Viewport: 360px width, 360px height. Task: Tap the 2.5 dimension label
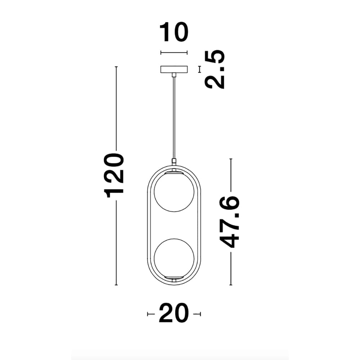point(215,69)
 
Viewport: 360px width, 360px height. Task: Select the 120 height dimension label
point(114,175)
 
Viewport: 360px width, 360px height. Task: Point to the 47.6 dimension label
point(230,222)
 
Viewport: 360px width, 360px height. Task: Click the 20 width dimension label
point(174,314)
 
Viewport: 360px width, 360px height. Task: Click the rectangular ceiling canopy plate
point(174,69)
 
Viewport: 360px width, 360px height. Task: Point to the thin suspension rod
point(174,119)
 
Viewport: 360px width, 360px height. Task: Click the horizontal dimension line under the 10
point(174,53)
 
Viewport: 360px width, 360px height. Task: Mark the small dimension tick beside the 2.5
point(199,69)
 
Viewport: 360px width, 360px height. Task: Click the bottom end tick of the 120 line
point(116,285)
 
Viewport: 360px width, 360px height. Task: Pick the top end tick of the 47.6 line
point(231,159)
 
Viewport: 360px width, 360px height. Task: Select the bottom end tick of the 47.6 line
point(231,285)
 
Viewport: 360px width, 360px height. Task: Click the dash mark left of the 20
point(151,314)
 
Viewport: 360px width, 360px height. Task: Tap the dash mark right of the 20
point(197,314)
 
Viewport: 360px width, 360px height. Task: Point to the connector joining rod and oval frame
point(174,162)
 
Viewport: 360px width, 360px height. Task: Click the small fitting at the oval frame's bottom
point(174,279)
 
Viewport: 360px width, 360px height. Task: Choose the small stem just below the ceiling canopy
point(174,75)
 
